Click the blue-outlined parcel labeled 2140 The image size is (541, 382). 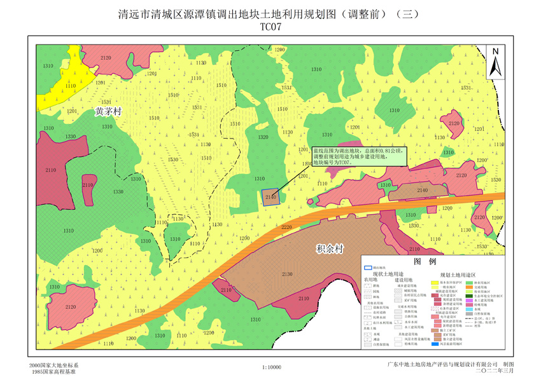coord(270,196)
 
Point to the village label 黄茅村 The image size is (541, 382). coord(108,111)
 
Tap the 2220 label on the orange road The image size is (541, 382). coord(286,227)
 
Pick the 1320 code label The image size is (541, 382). coord(262,137)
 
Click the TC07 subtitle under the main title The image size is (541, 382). coord(270,27)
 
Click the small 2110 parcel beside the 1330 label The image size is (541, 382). coord(88,186)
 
